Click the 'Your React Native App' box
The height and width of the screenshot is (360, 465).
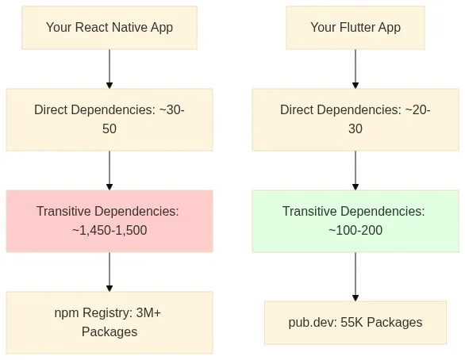(x=110, y=28)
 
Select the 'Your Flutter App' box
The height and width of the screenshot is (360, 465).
(x=355, y=28)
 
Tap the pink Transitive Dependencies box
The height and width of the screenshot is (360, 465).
(x=110, y=221)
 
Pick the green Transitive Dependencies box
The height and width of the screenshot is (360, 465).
(x=355, y=221)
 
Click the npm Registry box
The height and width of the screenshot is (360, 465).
(x=110, y=323)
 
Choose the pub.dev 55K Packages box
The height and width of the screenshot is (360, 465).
(x=355, y=323)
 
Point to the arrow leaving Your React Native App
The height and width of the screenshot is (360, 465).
(x=110, y=69)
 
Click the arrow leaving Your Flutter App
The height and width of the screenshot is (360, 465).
(x=355, y=69)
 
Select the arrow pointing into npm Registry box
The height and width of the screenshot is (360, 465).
(x=110, y=272)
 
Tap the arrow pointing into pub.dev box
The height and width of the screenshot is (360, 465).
(x=355, y=277)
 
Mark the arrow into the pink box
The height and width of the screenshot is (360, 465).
(x=110, y=170)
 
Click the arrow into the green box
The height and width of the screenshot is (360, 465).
(x=355, y=170)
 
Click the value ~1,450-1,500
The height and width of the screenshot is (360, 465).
(x=110, y=230)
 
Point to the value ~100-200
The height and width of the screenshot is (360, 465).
(x=355, y=230)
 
